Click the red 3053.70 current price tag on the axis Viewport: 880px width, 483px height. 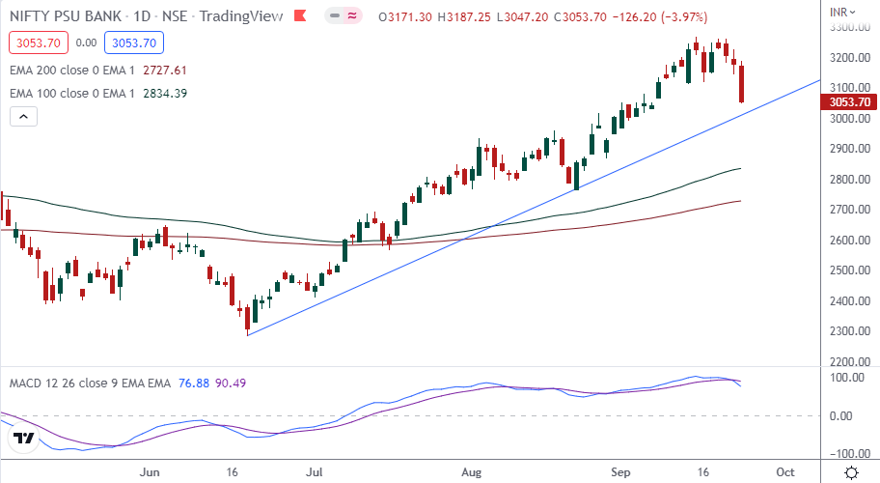pos(849,101)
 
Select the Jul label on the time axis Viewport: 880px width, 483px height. pos(315,472)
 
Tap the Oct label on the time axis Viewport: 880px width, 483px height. pos(784,472)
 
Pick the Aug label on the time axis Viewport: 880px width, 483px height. pos(470,472)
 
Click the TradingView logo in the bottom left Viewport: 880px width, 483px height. pos(24,440)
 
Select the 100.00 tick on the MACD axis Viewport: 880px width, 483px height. pos(841,377)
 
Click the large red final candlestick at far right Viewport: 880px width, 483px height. pos(742,82)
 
